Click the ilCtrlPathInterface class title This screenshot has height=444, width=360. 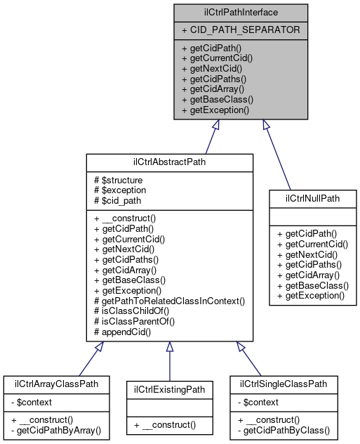[x=241, y=12]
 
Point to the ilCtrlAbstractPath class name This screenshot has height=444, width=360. [x=169, y=162]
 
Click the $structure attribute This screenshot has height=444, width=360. [x=119, y=180]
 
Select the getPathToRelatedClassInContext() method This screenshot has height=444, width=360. [x=168, y=301]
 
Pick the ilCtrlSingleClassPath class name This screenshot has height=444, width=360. [x=284, y=384]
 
